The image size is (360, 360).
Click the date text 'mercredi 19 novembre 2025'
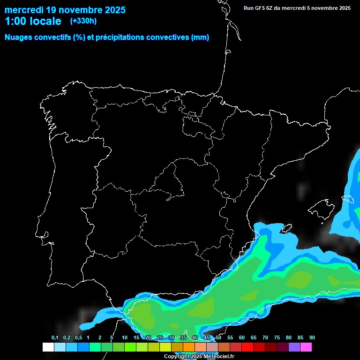click(65, 9)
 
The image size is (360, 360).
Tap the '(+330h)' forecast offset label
click(83, 21)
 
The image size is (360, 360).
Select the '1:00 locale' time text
click(33, 21)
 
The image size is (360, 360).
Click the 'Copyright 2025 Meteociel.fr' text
click(199, 356)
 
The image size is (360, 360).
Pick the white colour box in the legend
click(48, 347)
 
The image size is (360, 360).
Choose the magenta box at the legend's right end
click(306, 347)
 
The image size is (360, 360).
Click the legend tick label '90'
click(312, 337)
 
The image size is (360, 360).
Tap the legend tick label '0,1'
click(54, 337)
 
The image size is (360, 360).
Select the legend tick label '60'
click(242, 337)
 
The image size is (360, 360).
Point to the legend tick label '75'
click(277, 337)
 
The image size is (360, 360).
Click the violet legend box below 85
click(294, 347)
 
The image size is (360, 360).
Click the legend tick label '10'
click(125, 337)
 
